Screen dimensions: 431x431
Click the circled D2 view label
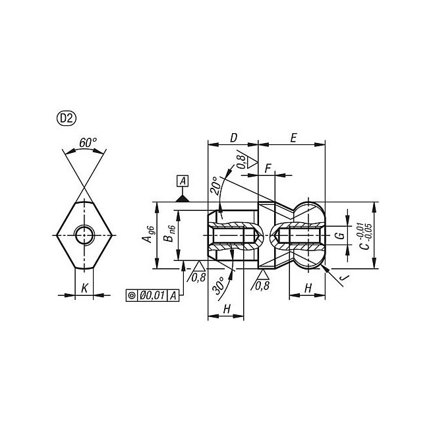coord(67,119)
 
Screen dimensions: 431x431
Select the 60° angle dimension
coord(88,142)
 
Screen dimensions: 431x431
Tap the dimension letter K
coord(84,289)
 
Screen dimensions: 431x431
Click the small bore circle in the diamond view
coord(84,235)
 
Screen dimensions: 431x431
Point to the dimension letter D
coord(233,138)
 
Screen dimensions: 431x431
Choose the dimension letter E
coord(293,138)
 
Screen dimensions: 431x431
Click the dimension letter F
coord(268,169)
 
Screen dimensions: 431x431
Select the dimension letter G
coord(340,235)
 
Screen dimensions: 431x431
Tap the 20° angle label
coord(216,186)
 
